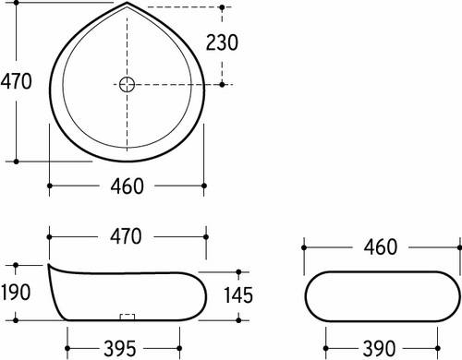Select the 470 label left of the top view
[17, 81]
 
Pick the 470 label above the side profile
[126, 236]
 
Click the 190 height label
[17, 294]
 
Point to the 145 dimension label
[238, 294]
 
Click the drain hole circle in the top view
[127, 85]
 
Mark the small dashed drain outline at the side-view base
[128, 318]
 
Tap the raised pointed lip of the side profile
[50, 267]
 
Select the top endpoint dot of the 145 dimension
[238, 272]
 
